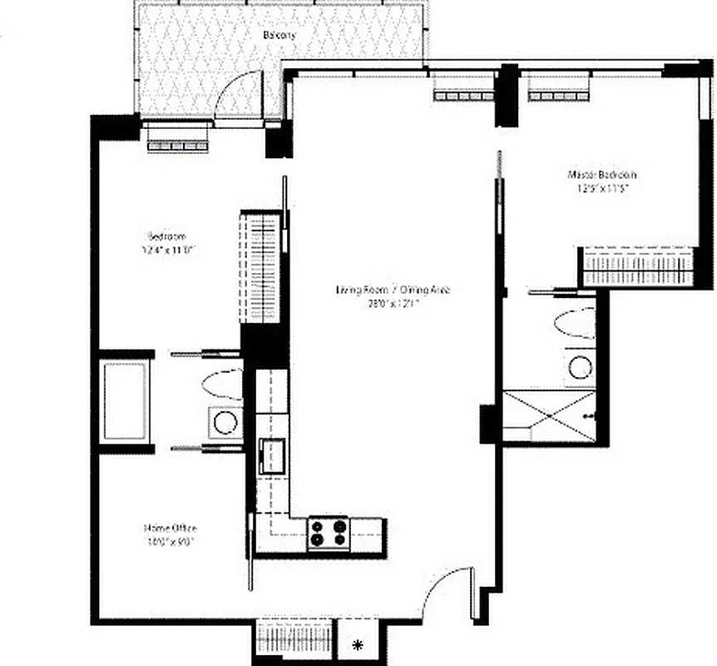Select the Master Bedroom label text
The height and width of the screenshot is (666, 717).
[602, 175]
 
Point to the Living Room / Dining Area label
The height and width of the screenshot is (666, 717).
[393, 291]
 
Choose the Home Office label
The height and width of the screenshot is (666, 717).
[171, 528]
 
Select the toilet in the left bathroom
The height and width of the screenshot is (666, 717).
[220, 385]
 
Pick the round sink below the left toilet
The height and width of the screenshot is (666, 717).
[225, 422]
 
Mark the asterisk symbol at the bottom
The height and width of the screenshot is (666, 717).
[358, 644]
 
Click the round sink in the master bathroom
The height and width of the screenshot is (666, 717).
[579, 366]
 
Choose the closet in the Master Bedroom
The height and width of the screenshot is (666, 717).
[638, 268]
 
